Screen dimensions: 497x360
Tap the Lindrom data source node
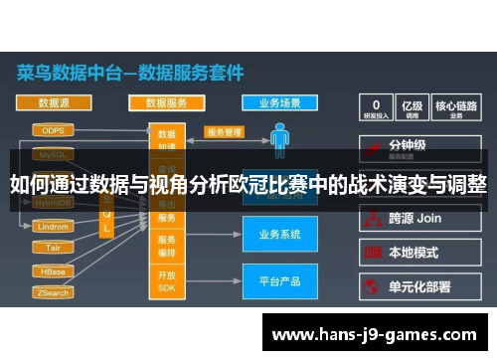(x=52, y=228)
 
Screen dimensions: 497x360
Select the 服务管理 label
(x=225, y=131)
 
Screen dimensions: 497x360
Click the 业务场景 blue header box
(x=279, y=102)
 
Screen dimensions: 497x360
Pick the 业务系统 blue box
(x=279, y=235)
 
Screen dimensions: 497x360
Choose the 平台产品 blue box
(x=279, y=281)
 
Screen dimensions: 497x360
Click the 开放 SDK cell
(x=167, y=280)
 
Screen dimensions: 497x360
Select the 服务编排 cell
(x=167, y=246)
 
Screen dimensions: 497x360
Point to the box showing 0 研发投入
(x=377, y=107)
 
